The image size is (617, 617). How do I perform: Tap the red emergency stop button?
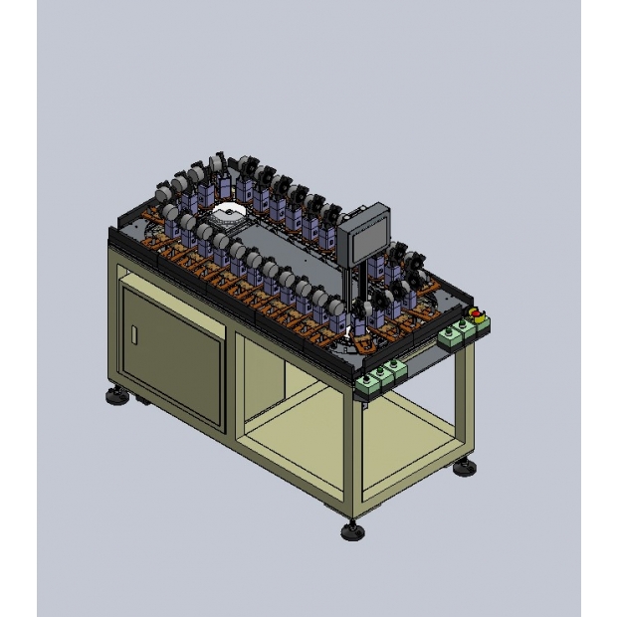(x=477, y=314)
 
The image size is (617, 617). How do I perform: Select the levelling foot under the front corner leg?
(x=351, y=530)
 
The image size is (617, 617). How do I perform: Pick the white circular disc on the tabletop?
(x=227, y=212)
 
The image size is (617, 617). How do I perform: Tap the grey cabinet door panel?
(x=171, y=342)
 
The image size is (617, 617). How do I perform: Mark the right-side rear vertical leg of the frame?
(x=465, y=398)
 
